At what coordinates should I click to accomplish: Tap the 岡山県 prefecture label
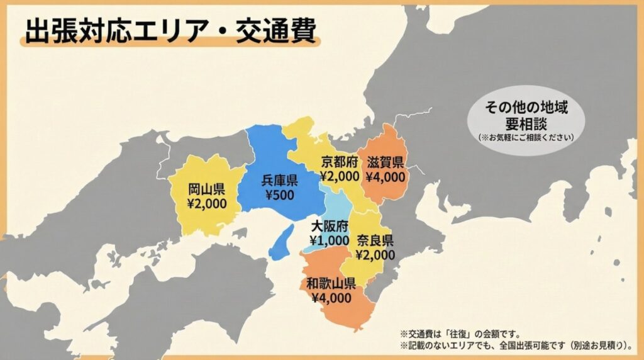pos(207,189)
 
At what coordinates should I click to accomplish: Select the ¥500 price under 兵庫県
pos(279,195)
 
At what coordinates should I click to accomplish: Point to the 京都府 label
pos(340,160)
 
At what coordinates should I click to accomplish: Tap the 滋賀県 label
pos(386,162)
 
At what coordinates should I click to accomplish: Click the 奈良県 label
pos(375,240)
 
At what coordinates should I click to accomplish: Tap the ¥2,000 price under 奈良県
pos(375,255)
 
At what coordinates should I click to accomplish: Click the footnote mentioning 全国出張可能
pos(515,346)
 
